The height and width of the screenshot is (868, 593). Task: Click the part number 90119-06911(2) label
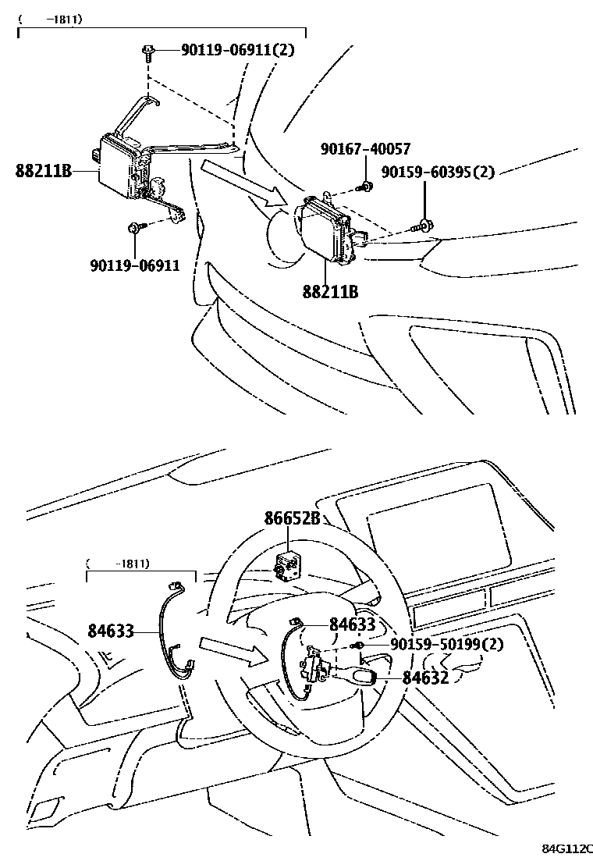click(237, 50)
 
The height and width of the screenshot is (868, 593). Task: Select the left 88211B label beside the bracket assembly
click(44, 170)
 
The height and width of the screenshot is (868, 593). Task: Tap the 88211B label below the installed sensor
click(330, 291)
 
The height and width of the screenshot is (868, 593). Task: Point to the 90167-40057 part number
click(364, 149)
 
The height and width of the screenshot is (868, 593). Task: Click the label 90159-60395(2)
click(438, 172)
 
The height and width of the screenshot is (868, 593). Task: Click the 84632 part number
click(425, 678)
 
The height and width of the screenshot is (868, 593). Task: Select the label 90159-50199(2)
click(446, 644)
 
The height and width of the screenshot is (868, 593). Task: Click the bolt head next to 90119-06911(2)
click(147, 52)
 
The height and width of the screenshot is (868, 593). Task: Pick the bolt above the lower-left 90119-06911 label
click(134, 227)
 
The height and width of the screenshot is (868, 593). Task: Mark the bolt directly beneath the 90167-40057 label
click(364, 187)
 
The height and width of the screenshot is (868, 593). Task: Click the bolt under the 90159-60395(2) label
click(422, 227)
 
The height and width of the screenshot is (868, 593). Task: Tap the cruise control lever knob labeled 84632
click(364, 674)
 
